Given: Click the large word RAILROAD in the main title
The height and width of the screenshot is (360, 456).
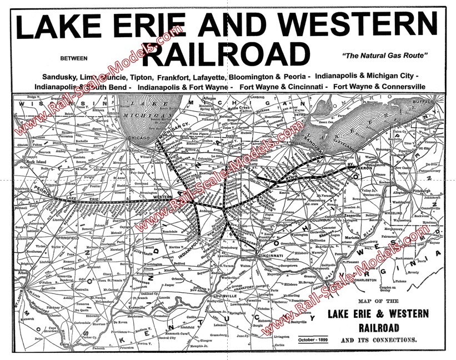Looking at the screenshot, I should coord(229,56).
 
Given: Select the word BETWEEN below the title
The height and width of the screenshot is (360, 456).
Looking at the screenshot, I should coord(74,57).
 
